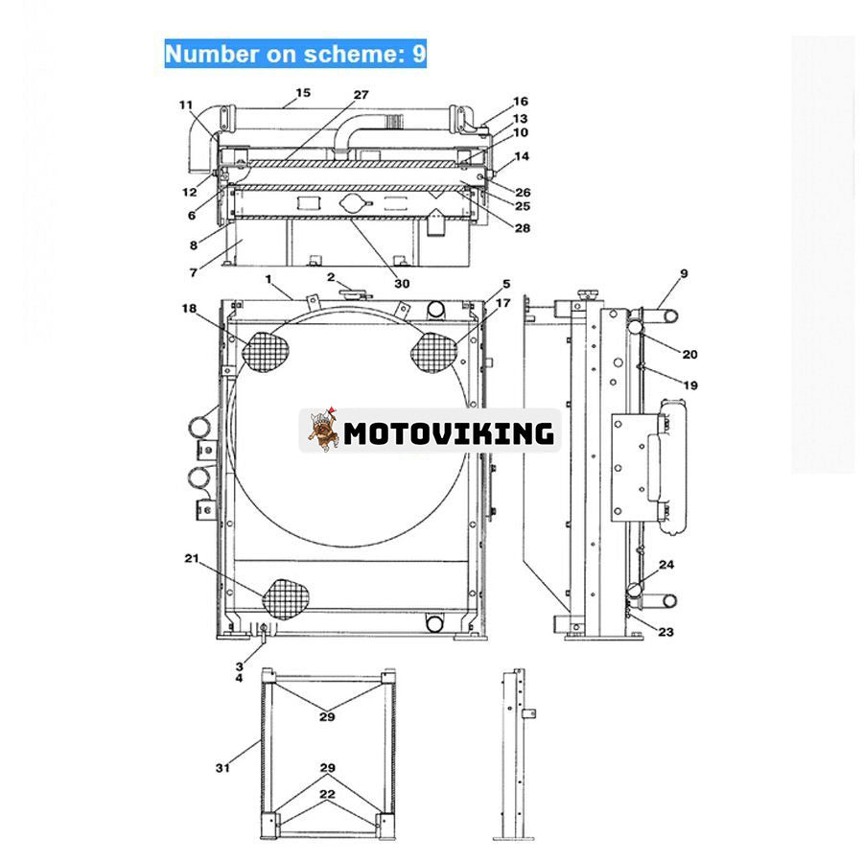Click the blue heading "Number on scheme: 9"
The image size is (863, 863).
[295, 54]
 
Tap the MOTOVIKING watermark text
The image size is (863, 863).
[449, 432]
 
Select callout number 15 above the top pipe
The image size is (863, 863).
[303, 93]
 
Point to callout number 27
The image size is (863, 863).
[361, 95]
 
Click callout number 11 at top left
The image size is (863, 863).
[185, 105]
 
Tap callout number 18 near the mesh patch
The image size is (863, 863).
[189, 307]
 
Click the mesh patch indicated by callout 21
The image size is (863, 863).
[289, 596]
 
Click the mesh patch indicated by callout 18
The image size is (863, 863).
[266, 352]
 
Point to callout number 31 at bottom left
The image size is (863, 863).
[222, 766]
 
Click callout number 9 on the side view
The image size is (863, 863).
[684, 274]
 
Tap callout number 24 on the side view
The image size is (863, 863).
[665, 565]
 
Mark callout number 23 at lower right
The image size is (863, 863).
[665, 631]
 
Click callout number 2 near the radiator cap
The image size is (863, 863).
[330, 277]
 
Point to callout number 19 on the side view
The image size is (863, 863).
[690, 385]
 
